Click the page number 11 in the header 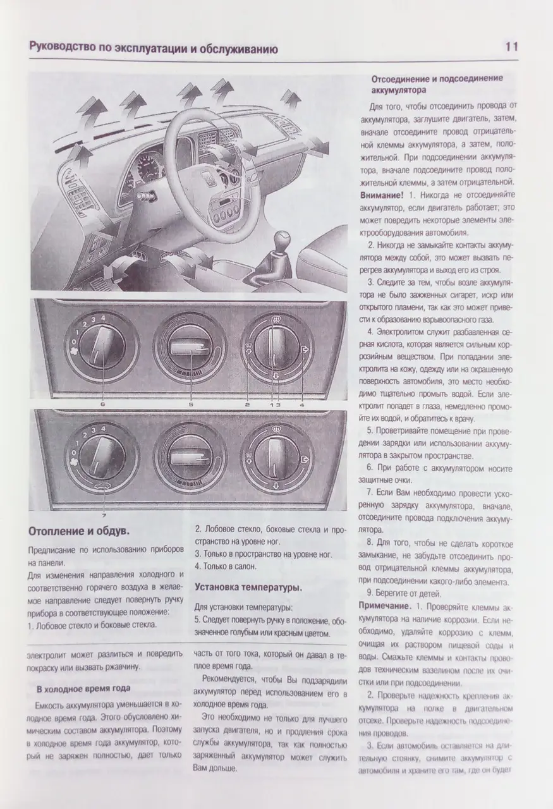[511, 47]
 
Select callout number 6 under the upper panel [101, 403]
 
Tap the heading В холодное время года [83, 688]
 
